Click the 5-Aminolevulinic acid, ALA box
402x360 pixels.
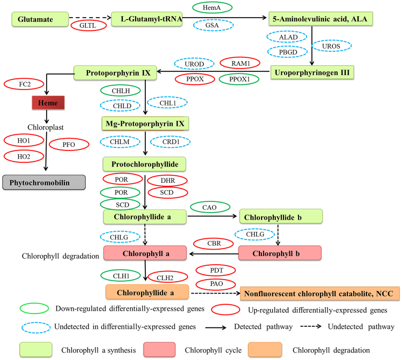[x=320, y=19]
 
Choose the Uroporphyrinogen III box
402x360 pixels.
[x=313, y=71]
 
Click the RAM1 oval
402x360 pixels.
[x=239, y=63]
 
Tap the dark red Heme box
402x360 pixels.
[x=47, y=102]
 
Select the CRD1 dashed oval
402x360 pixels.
[x=170, y=142]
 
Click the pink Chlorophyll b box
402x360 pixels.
[x=279, y=253]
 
